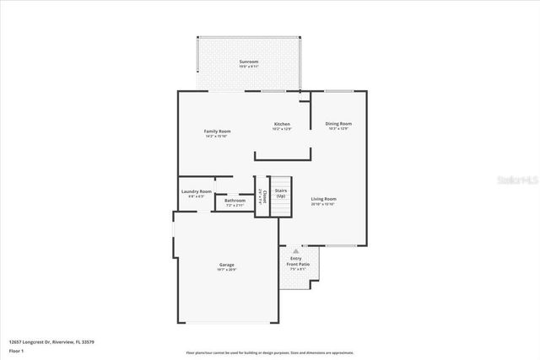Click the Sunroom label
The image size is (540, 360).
[248, 62]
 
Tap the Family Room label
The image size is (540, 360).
[218, 131]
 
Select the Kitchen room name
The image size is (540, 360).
[282, 123]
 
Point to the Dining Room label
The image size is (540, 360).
[339, 123]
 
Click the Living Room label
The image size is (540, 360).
[323, 198]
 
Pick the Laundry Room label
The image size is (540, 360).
[196, 191]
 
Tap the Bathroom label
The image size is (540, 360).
[235, 200]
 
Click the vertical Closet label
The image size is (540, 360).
[263, 197]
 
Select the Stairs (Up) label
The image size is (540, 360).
[281, 193]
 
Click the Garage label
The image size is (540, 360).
[227, 264]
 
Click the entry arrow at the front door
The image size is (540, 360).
[296, 250]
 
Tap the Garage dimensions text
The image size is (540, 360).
[227, 270]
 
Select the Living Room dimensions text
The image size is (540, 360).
[323, 204]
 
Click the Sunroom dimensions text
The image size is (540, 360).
[248, 67]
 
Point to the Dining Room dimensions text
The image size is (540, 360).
[339, 129]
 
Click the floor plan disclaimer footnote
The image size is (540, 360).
[269, 352]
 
